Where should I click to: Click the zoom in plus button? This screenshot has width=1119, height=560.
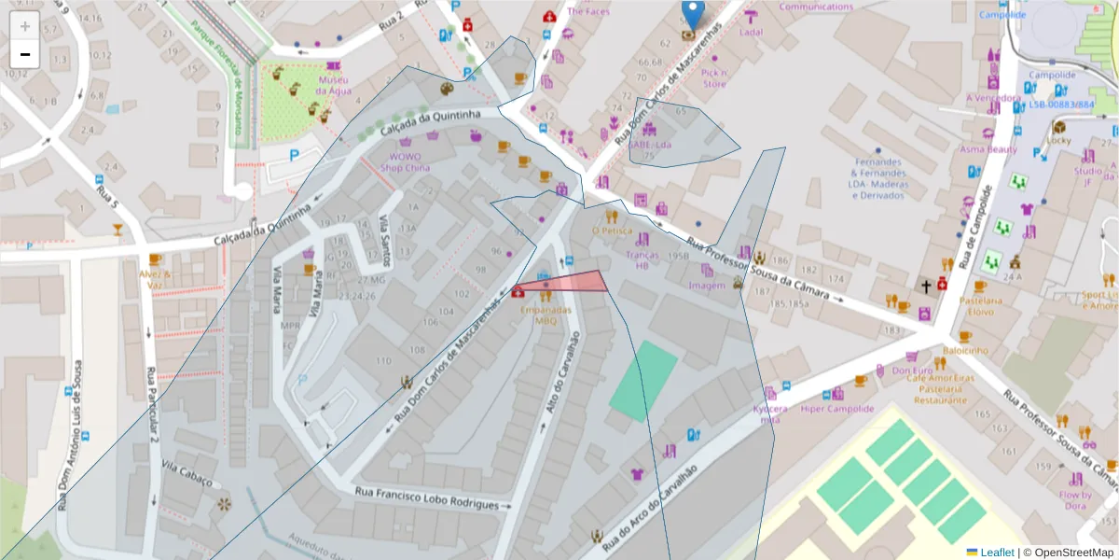[25, 26]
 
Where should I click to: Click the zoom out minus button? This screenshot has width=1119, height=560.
[25, 54]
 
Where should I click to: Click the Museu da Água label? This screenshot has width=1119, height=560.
[334, 85]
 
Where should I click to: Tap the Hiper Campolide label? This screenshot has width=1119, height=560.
[836, 409]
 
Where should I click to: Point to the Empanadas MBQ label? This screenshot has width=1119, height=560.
[546, 314]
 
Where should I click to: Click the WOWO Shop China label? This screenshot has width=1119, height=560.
[406, 162]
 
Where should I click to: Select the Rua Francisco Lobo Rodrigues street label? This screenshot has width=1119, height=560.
[427, 497]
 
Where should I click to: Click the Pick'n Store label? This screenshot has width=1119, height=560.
[713, 78]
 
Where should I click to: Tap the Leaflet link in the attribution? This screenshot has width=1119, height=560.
[997, 553]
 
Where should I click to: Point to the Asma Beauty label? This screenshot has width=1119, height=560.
[988, 149]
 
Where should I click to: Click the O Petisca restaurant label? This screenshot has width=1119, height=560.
[612, 231]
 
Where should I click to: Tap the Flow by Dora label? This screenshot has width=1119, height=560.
[1074, 500]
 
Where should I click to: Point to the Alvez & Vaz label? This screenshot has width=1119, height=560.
[156, 280]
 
